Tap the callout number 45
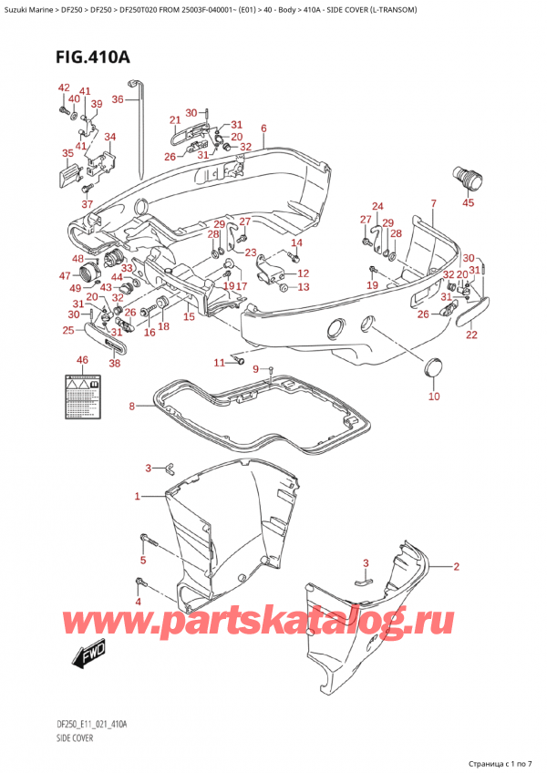coord(469,203)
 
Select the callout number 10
coord(434,397)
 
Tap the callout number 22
coord(471,335)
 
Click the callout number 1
coord(138,497)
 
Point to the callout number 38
coord(114,363)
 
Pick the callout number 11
coord(219,364)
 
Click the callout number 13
coord(304,287)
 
